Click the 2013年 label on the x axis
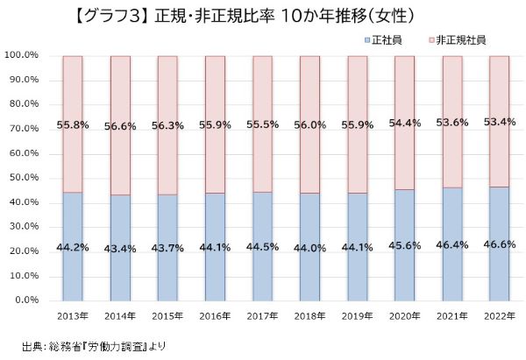(72, 315)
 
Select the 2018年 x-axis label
(309, 315)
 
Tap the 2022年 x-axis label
(500, 315)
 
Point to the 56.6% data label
(119, 125)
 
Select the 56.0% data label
(309, 124)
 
